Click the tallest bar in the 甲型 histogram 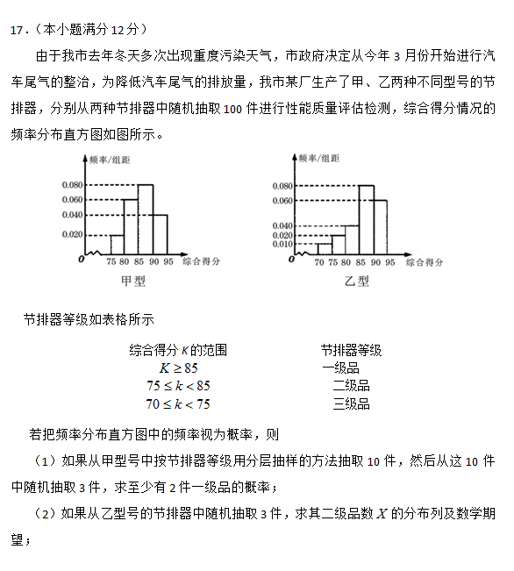coord(145,219)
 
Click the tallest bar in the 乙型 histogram coord(366,219)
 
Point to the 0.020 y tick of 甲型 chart coord(72,235)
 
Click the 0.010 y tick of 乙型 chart coord(282,245)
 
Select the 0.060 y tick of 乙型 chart coord(282,201)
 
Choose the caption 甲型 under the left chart coord(133,281)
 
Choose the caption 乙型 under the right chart coord(357,281)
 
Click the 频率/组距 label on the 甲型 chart coord(110,160)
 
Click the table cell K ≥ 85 coord(178,368)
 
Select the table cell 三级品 coord(351,403)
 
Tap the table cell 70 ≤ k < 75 coord(178,403)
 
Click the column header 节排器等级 coord(351,349)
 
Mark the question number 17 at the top coord(16,30)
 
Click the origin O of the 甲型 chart coord(81,260)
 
